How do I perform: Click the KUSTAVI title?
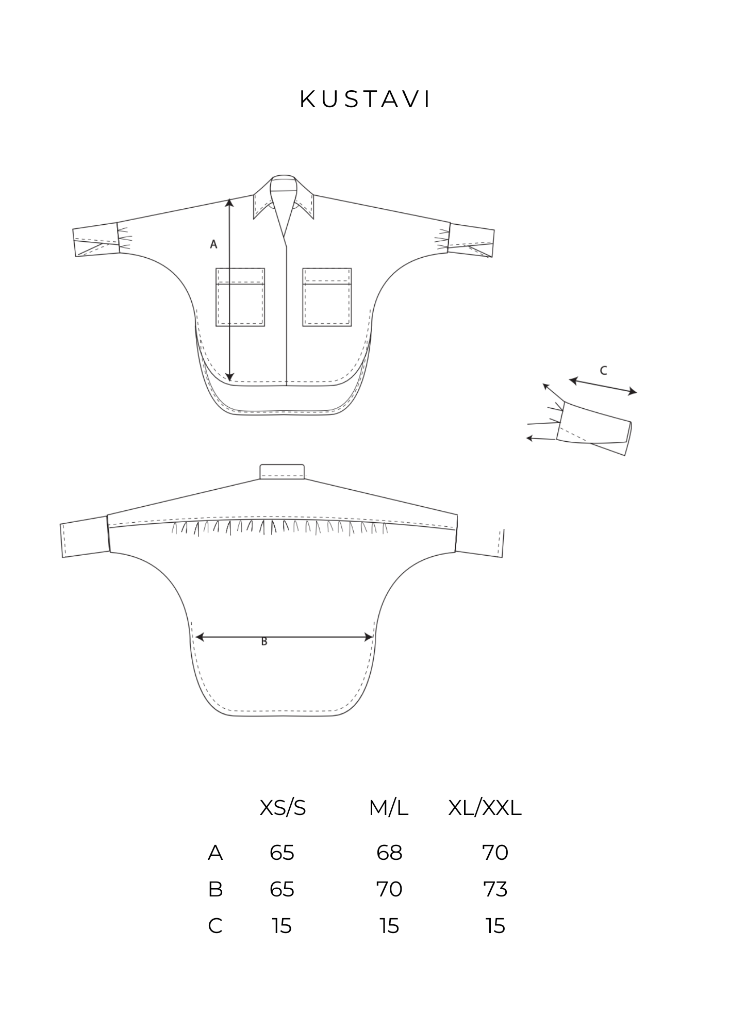pyautogui.click(x=364, y=100)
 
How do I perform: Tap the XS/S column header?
pyautogui.click(x=283, y=809)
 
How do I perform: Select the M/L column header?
pyautogui.click(x=389, y=809)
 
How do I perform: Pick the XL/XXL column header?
pyautogui.click(x=485, y=809)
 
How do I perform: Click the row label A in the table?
pyautogui.click(x=215, y=853)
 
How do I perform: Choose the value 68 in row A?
pyautogui.click(x=389, y=853)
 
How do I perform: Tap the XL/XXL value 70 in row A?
pyautogui.click(x=495, y=853)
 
